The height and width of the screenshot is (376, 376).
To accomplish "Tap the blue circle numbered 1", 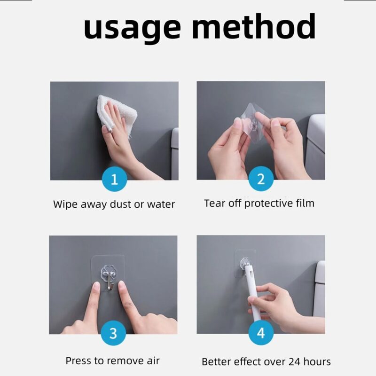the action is tap(114, 179).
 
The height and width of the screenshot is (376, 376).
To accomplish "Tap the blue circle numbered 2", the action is tap(261, 179).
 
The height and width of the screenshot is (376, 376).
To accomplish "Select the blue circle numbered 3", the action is tap(113, 333).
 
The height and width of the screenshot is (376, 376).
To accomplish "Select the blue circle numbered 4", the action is tap(261, 333).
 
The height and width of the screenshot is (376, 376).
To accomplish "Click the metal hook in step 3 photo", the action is tap(110, 281).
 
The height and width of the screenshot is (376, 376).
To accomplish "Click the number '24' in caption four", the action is tap(295, 361).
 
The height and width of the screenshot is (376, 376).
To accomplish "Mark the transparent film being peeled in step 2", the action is tap(254, 122).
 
